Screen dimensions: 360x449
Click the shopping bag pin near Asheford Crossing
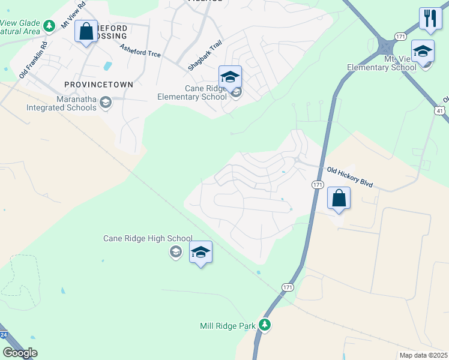(86, 31)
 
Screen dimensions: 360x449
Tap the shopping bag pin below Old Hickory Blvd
(339, 198)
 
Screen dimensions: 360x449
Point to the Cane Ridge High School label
(148, 239)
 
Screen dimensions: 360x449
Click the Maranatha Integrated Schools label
(61, 103)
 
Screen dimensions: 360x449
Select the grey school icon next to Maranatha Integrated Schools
(106, 103)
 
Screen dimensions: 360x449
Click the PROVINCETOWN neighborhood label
(96, 85)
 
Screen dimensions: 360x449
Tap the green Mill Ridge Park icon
(265, 325)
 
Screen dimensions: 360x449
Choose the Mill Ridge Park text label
(228, 326)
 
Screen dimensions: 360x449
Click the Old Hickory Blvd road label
(350, 177)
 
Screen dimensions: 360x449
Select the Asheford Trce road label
(140, 50)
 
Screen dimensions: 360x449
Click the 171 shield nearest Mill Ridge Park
(288, 289)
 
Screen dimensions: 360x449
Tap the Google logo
(20, 353)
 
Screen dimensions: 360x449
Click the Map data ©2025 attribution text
(423, 355)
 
